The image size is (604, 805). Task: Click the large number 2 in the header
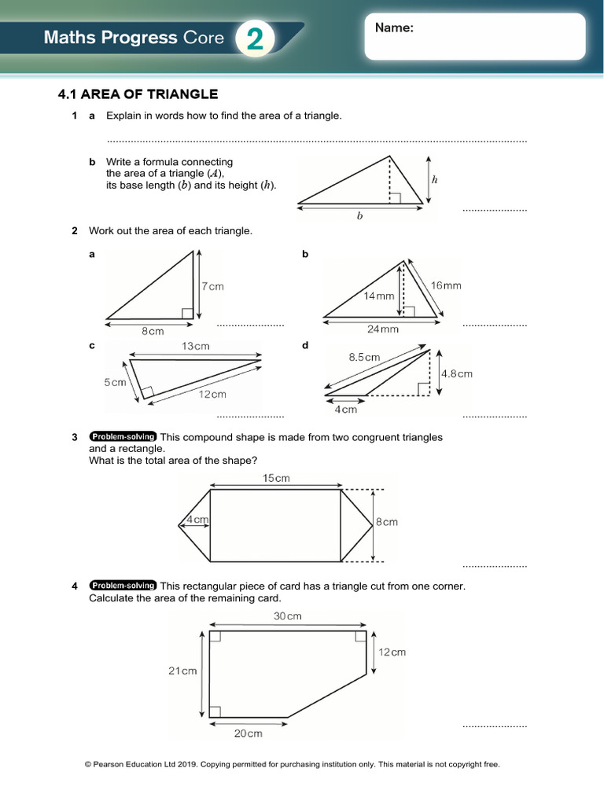(255, 39)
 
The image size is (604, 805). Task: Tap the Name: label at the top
(394, 28)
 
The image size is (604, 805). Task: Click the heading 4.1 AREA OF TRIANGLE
(138, 94)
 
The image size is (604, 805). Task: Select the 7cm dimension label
(212, 287)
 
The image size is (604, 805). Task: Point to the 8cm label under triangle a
(153, 332)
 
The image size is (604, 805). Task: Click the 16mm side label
(446, 285)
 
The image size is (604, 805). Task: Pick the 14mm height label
(378, 296)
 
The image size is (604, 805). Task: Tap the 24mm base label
(383, 329)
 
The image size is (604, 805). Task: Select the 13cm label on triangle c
(196, 346)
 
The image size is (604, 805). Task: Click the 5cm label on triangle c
(115, 383)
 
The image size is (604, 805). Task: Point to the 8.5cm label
(364, 357)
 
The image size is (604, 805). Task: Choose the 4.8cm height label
(456, 374)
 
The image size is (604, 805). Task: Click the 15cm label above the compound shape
(276, 478)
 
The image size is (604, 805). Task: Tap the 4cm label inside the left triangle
(197, 520)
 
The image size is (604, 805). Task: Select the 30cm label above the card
(288, 616)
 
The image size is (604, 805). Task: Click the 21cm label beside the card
(182, 671)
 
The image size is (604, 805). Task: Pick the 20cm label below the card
(248, 733)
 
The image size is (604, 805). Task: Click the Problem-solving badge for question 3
(123, 437)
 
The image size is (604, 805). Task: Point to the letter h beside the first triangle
(434, 179)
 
